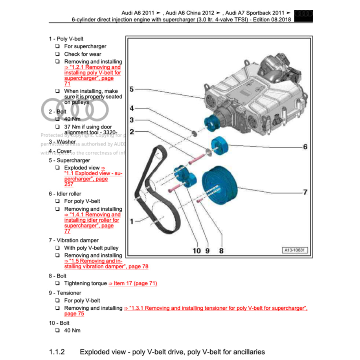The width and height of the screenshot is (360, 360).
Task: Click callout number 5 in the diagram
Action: [x=132, y=89]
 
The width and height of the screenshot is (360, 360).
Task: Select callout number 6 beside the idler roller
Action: [x=305, y=147]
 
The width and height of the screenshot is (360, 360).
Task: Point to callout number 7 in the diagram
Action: [x=305, y=192]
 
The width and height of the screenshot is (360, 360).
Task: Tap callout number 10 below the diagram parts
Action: [x=197, y=250]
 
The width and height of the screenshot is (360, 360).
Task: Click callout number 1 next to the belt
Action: [x=132, y=221]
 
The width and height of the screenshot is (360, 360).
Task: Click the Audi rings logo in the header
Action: [x=304, y=14]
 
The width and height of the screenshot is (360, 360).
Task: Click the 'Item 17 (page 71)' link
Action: [x=133, y=283]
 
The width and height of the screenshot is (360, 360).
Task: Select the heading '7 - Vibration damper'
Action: [x=73, y=240]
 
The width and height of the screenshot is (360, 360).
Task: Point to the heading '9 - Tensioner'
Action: [x=65, y=293]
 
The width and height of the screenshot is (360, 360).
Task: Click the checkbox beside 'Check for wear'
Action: [x=57, y=54]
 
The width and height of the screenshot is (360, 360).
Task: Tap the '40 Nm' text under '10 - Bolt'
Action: [x=72, y=330]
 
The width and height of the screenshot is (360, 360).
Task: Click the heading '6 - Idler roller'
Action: [x=65, y=193]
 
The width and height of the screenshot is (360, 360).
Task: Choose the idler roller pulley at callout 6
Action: [x=220, y=146]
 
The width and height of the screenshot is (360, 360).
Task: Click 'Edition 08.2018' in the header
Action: [x=271, y=20]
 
